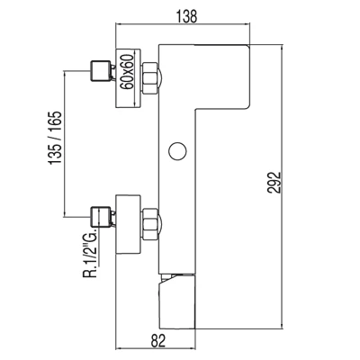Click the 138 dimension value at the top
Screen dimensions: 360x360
point(186,16)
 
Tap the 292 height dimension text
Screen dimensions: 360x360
point(274,183)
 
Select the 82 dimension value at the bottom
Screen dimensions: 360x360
point(158,340)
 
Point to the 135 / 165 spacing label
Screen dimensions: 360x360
point(56,138)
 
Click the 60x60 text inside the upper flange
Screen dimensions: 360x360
point(127,72)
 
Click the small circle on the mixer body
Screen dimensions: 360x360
point(177,151)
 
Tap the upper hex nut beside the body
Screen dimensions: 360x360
point(150,78)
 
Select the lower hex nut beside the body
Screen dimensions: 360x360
point(150,224)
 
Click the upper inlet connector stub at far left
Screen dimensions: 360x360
point(99,71)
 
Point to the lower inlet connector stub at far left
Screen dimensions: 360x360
point(99,217)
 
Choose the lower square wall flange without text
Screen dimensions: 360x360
point(128,224)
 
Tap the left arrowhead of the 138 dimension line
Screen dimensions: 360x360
point(118,25)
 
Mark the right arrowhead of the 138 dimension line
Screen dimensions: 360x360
point(247,25)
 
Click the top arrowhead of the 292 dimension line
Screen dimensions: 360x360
point(282,48)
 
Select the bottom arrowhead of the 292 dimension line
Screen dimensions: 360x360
point(282,326)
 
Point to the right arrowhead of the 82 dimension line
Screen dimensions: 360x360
point(193,348)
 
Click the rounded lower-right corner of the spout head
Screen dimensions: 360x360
point(247,106)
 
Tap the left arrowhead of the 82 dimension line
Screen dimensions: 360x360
point(118,348)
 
